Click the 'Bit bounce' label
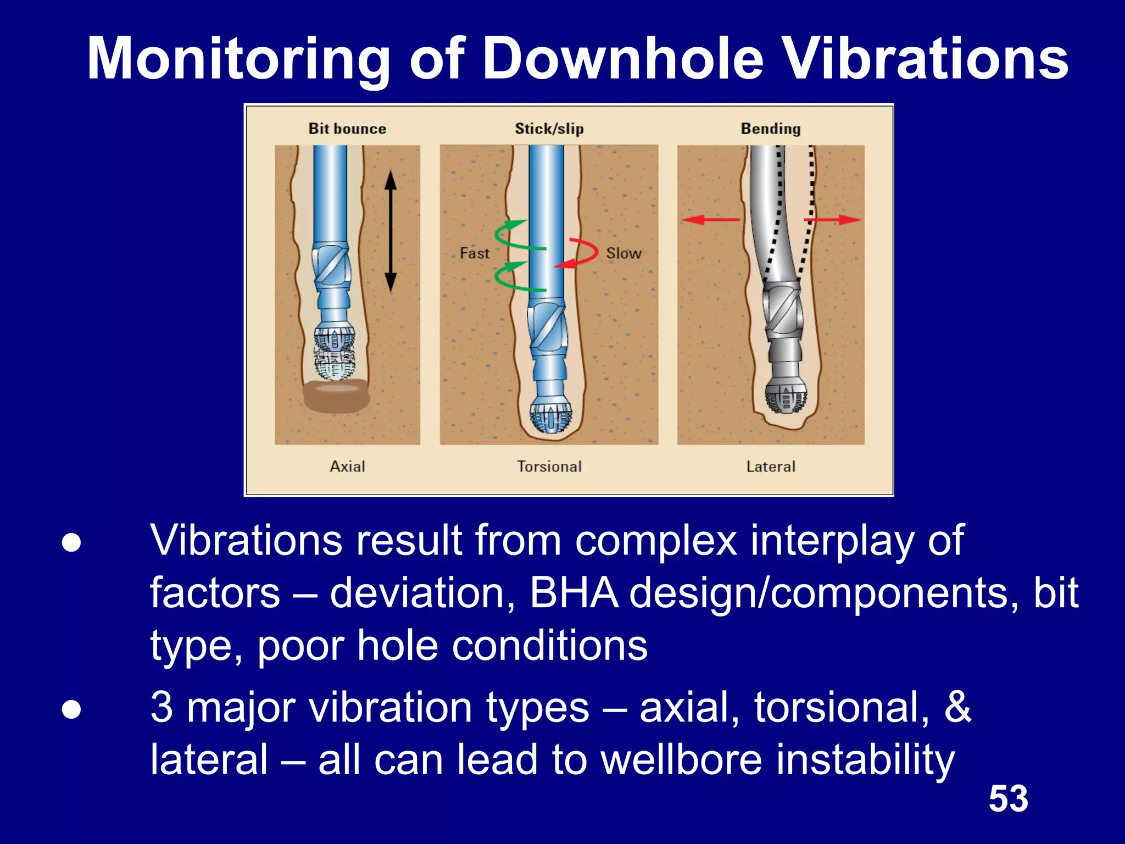pyautogui.click(x=347, y=129)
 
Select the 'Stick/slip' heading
pyautogui.click(x=549, y=129)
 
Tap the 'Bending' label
pyautogui.click(x=770, y=129)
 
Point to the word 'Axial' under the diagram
pyautogui.click(x=347, y=467)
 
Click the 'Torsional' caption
pyautogui.click(x=549, y=467)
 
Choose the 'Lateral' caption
pyautogui.click(x=770, y=467)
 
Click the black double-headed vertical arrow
pyautogui.click(x=390, y=231)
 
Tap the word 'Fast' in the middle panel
pyautogui.click(x=474, y=253)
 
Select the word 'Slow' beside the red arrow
pyautogui.click(x=623, y=253)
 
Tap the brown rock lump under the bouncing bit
pyautogui.click(x=336, y=397)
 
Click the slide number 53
pyautogui.click(x=1008, y=798)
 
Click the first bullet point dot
pyautogui.click(x=71, y=543)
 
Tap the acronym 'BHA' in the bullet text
pyautogui.click(x=573, y=593)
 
